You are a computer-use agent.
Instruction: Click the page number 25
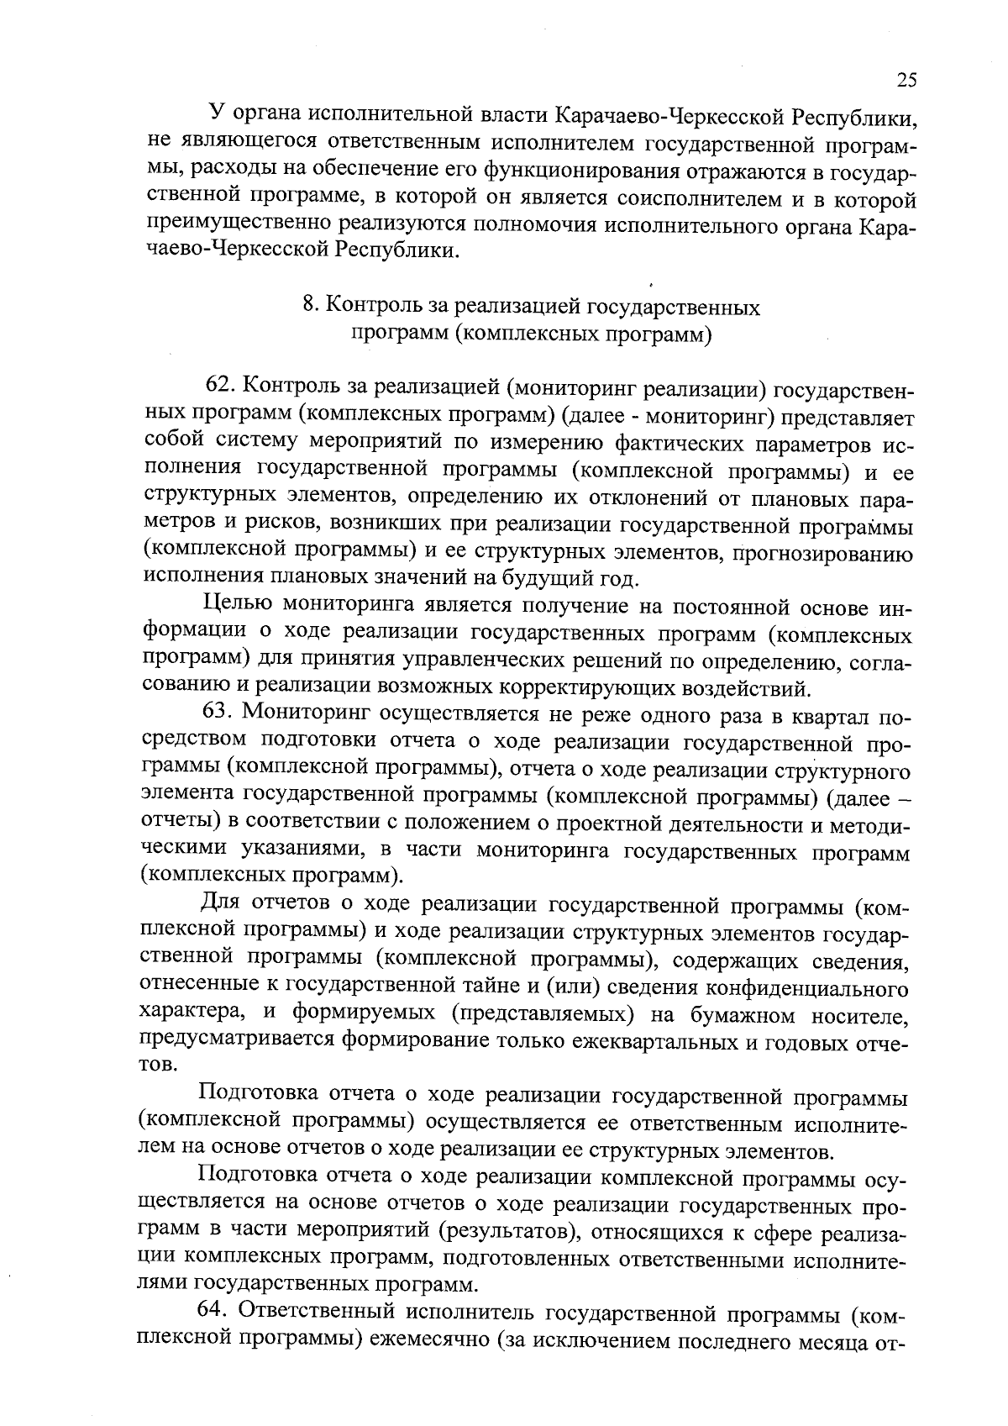[x=906, y=80]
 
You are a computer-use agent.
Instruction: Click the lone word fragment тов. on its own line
[x=157, y=1066]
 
